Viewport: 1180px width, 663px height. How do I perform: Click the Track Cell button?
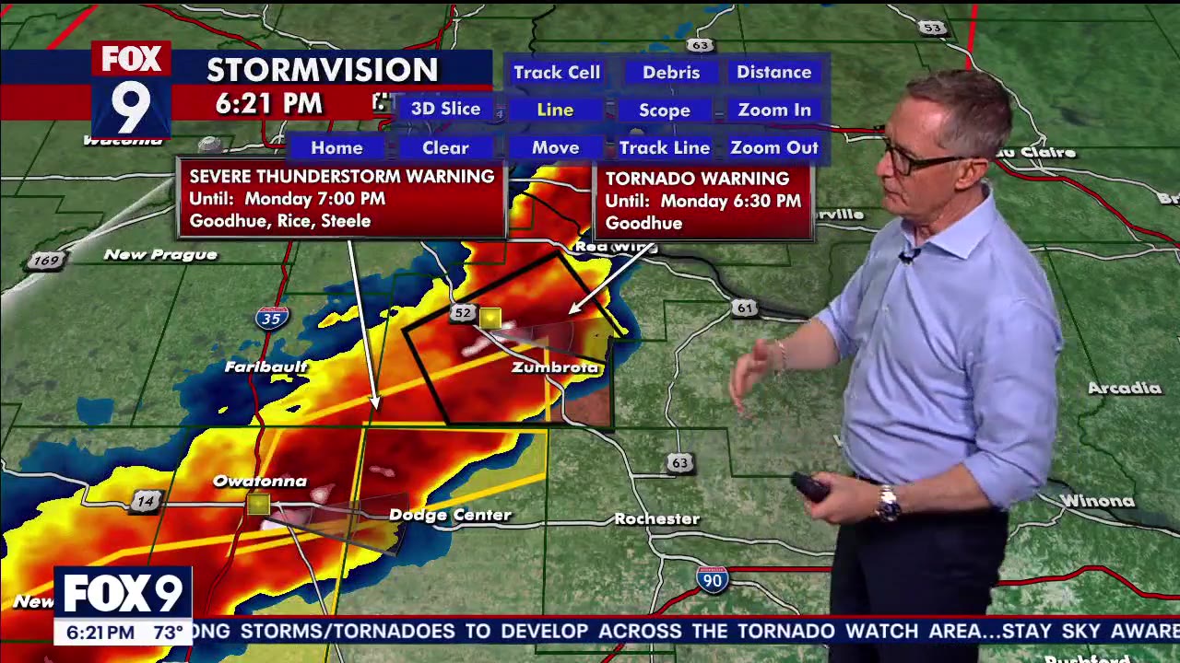click(556, 72)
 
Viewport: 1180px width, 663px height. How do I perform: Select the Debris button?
click(670, 72)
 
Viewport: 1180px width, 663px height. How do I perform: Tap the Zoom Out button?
click(773, 147)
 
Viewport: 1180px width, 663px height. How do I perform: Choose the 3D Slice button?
click(445, 109)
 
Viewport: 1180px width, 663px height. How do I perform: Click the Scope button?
click(664, 110)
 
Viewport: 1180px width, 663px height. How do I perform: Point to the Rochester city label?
click(656, 519)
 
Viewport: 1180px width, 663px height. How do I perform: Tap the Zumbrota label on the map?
click(556, 367)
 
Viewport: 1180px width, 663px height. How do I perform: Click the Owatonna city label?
click(259, 481)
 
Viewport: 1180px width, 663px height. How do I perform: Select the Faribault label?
click(265, 366)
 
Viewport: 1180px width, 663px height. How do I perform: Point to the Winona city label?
click(1096, 501)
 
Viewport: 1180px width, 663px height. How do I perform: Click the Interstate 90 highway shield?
click(712, 579)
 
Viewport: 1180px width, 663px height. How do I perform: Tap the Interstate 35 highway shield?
click(271, 319)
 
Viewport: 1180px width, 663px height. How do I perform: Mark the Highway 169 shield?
click(45, 261)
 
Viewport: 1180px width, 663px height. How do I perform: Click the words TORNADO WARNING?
click(697, 178)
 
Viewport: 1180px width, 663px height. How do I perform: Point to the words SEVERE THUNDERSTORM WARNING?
click(341, 176)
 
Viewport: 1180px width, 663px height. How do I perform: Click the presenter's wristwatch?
click(888, 503)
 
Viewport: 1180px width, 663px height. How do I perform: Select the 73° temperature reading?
click(169, 633)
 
